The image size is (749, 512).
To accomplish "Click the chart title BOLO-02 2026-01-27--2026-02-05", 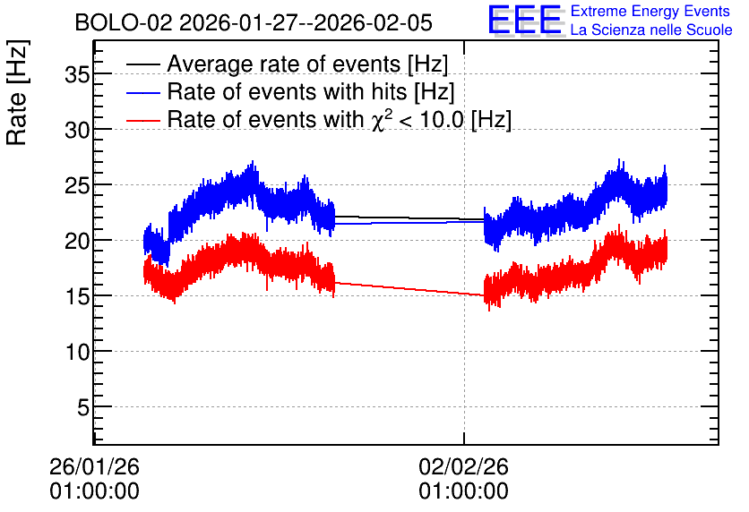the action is (254, 23).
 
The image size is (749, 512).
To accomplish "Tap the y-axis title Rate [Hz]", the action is (17, 92).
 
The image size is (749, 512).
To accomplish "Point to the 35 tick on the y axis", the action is (77, 74).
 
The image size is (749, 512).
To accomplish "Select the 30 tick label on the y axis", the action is (77, 129).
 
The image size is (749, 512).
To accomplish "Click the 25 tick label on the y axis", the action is (77, 185).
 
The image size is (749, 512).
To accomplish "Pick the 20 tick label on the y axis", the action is (77, 241).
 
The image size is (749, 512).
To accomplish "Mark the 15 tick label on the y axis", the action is (77, 296).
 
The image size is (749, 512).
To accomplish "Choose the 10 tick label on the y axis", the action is (77, 352).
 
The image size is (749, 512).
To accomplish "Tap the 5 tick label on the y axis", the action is (83, 407).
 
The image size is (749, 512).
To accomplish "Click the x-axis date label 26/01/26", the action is (94, 466).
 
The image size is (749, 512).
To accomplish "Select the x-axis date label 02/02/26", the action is (463, 466).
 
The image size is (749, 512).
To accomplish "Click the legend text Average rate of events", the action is (284, 64).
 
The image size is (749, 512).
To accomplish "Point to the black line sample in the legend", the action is (142, 64).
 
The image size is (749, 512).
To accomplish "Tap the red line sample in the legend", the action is (142, 121).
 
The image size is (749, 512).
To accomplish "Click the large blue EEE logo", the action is (524, 20).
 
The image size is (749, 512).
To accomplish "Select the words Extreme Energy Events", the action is (650, 11).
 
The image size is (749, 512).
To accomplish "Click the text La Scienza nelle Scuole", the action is (651, 30).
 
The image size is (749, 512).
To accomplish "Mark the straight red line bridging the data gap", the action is (409, 289).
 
